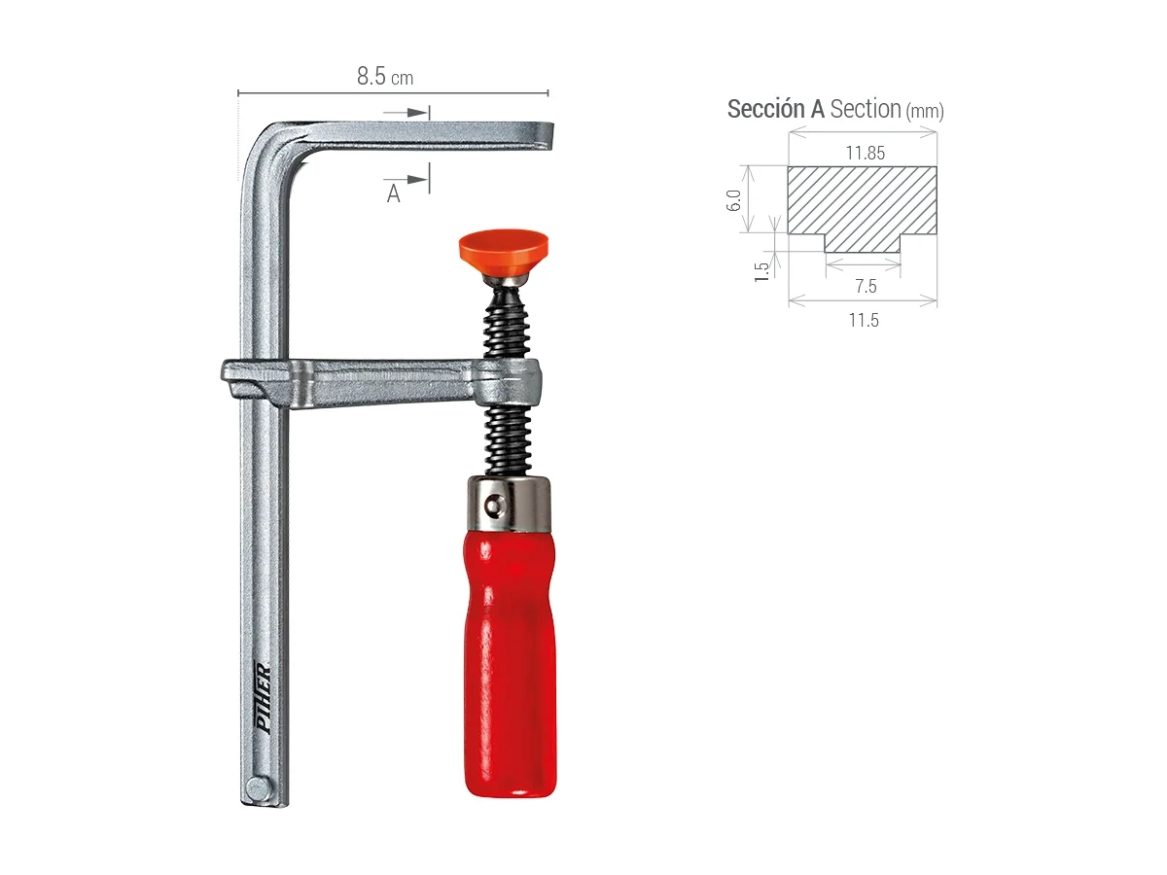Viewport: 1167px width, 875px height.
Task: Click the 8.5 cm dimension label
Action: coord(385,77)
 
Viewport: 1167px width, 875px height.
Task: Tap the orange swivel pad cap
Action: coord(503,248)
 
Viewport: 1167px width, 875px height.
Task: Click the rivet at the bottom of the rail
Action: coord(257,787)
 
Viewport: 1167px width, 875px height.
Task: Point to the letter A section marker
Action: coord(394,194)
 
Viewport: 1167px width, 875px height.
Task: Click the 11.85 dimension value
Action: coord(865,153)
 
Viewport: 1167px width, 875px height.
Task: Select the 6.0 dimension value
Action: coord(735,200)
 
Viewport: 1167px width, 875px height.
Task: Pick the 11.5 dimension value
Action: coord(863,320)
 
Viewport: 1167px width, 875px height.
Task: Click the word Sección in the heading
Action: coord(766,109)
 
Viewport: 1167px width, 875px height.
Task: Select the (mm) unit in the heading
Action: coord(924,112)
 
